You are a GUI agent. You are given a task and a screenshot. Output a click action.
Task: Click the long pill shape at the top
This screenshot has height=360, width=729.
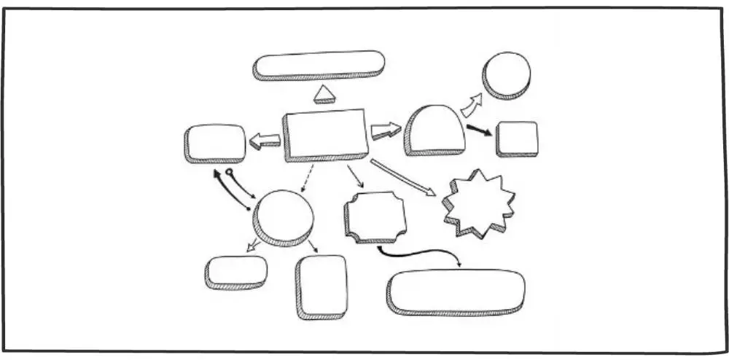(319, 64)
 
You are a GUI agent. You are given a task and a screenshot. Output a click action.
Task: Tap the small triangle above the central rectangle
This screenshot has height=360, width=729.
(323, 94)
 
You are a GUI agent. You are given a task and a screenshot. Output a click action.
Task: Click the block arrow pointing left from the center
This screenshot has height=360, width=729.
(265, 141)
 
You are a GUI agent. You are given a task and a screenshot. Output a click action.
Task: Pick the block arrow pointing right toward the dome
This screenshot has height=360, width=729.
(386, 131)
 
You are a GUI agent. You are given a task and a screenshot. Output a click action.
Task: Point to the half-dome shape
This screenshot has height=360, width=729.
(434, 129)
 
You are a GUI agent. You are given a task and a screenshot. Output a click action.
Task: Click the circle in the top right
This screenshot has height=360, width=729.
(506, 74)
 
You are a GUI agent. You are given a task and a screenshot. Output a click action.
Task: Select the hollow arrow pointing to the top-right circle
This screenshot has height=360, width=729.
(472, 105)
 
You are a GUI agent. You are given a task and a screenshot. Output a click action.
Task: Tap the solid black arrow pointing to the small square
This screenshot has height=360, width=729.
(479, 130)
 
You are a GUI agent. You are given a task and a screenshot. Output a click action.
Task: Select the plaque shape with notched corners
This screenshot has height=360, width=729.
(375, 216)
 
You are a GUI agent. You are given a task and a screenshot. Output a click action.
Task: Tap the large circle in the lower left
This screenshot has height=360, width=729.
(284, 216)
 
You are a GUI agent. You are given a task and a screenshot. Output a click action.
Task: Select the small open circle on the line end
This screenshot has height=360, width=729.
(230, 173)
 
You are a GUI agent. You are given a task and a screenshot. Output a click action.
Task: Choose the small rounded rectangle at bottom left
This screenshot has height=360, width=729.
(236, 270)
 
